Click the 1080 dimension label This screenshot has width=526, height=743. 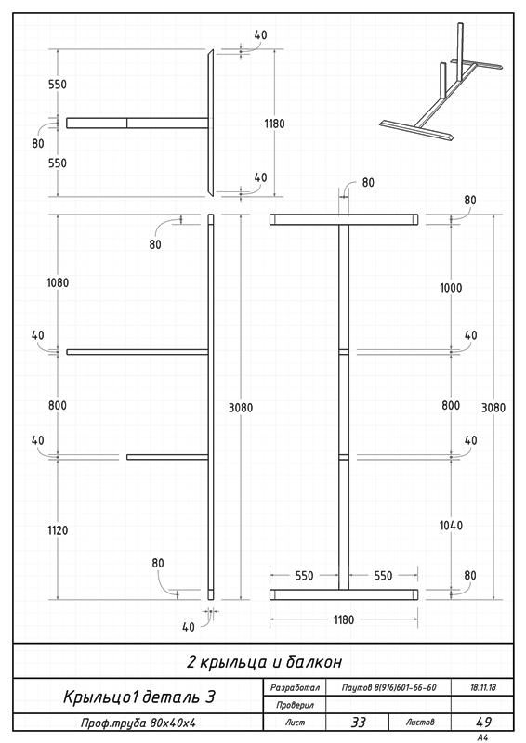pyautogui.click(x=58, y=283)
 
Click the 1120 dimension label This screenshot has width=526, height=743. pyautogui.click(x=58, y=530)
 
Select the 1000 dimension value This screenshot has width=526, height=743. pyautogui.click(x=451, y=288)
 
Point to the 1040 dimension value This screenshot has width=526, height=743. pyautogui.click(x=451, y=525)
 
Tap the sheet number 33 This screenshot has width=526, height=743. pyautogui.click(x=358, y=723)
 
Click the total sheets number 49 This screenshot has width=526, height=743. pyautogui.click(x=483, y=723)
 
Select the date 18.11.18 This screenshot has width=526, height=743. pyautogui.click(x=483, y=687)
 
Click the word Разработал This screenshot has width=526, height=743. pyautogui.click(x=295, y=687)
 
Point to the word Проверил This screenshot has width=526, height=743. pyautogui.click(x=295, y=705)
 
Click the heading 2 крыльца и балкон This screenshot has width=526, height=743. pyautogui.click(x=264, y=661)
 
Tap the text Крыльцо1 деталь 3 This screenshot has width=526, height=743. pyautogui.click(x=139, y=697)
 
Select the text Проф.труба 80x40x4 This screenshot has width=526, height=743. pyautogui.click(x=138, y=723)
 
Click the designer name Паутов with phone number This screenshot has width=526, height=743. pyautogui.click(x=389, y=687)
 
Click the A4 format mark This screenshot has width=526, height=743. pyautogui.click(x=483, y=737)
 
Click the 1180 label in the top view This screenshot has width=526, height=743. pyautogui.click(x=274, y=124)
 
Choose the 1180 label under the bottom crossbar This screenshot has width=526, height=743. pyautogui.click(x=344, y=619)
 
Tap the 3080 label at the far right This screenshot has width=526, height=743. pyautogui.click(x=493, y=408)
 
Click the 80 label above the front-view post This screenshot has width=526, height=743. pyautogui.click(x=368, y=182)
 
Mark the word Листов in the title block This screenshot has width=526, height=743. pyautogui.click(x=420, y=723)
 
